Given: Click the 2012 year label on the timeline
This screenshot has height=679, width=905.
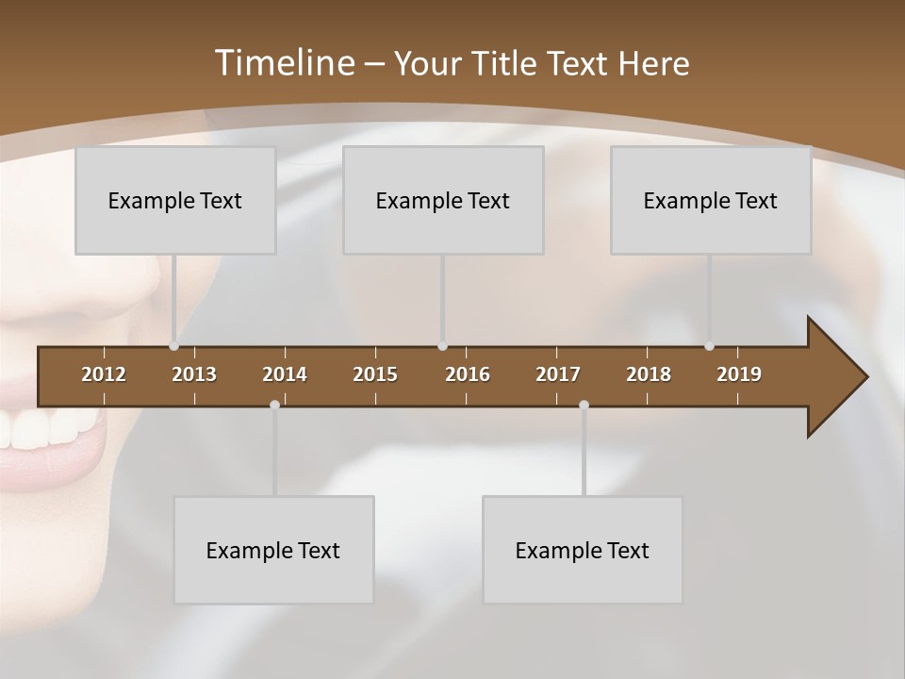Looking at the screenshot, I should (104, 374).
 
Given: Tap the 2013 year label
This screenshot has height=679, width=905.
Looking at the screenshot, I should (194, 374).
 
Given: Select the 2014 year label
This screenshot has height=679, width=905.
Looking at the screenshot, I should (285, 374).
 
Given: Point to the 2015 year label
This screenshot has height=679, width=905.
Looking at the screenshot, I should (375, 374).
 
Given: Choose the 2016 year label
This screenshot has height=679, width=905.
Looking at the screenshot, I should (468, 374).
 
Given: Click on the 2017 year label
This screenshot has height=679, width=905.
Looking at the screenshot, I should (558, 374).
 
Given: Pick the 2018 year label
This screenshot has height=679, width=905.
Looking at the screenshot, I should (649, 374).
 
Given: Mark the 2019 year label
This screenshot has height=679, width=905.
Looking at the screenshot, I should (739, 374).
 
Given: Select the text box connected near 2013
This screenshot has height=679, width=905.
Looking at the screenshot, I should (175, 200).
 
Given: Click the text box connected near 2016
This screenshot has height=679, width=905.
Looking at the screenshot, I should (443, 200).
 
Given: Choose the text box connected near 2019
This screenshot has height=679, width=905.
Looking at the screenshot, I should (711, 200).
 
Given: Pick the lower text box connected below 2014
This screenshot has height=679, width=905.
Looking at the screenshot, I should (273, 550).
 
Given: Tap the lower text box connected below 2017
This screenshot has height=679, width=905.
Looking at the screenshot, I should (583, 550).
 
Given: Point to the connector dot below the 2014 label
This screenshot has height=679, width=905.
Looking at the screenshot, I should (274, 405).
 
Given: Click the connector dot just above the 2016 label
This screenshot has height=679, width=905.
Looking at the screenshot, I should (443, 346).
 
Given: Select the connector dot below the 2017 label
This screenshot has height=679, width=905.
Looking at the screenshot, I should (584, 405).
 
